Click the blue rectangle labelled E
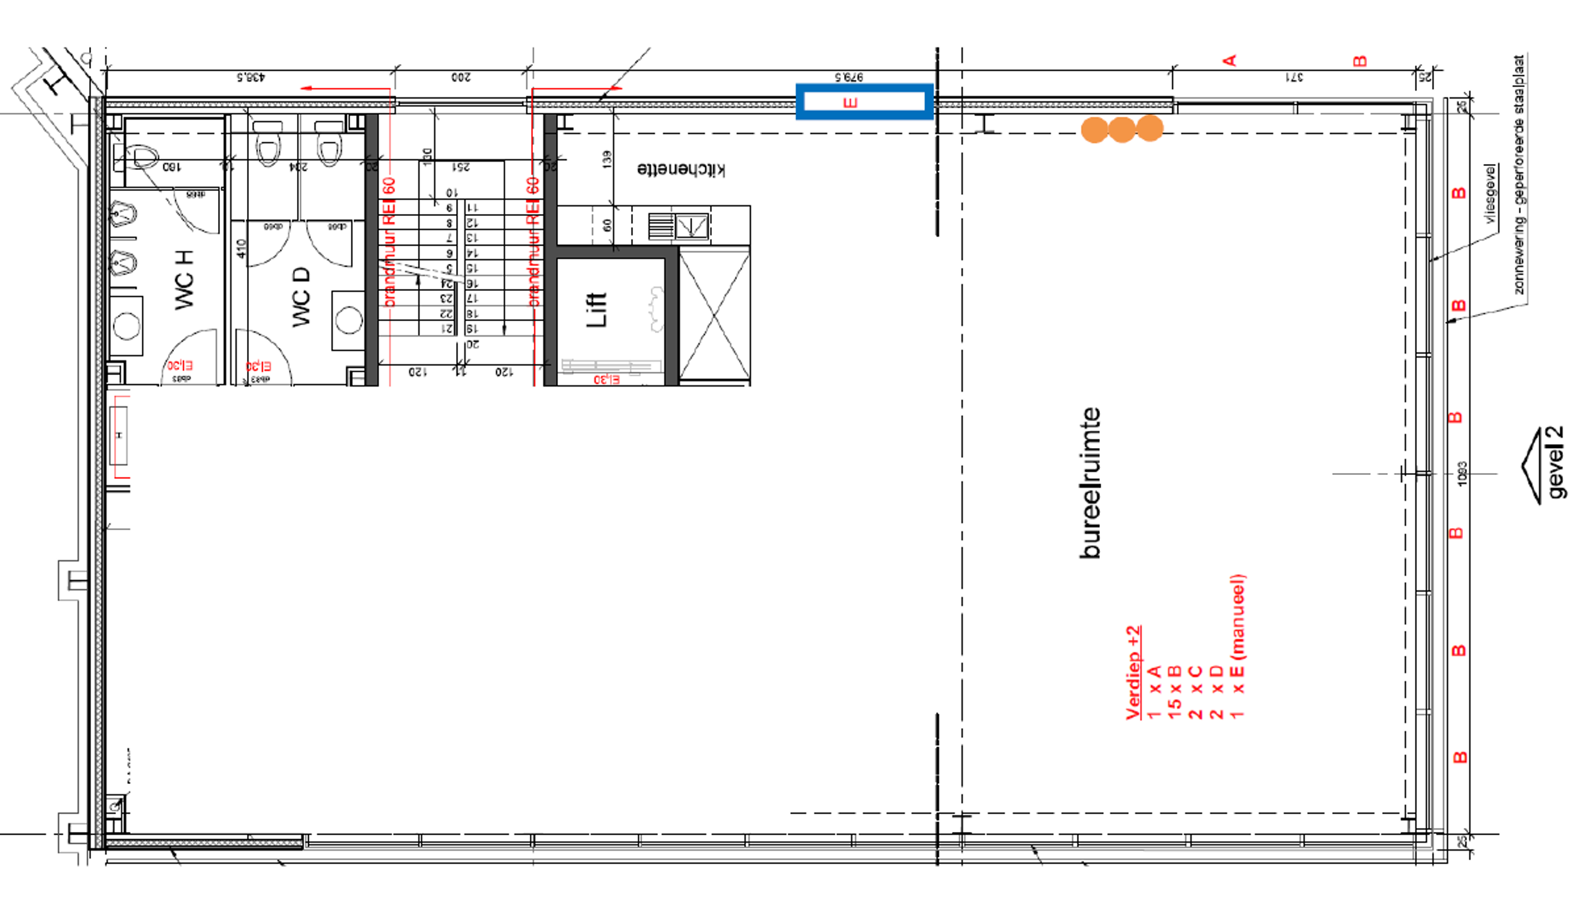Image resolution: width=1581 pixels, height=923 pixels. click(864, 102)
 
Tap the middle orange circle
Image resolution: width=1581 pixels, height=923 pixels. click(1121, 129)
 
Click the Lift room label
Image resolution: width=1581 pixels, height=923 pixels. click(596, 310)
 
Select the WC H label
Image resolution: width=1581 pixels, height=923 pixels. click(184, 280)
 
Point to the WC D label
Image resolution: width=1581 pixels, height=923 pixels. click(301, 297)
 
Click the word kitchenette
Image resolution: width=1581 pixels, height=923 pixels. click(681, 170)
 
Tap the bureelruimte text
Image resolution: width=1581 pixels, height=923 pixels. click(1090, 483)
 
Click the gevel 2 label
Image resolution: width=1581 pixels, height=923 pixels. click(1555, 462)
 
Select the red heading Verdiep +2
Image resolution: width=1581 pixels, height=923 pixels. click(1133, 672)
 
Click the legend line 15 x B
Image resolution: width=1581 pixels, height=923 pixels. click(1174, 692)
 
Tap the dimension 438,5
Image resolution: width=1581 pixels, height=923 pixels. click(251, 78)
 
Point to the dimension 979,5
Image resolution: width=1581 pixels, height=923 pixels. click(849, 77)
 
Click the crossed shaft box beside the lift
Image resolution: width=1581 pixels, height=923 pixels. click(714, 315)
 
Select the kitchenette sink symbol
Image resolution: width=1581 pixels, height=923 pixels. click(691, 226)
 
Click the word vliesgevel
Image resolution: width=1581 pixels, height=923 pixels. click(1490, 194)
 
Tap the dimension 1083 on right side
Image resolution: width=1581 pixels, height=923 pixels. click(1462, 474)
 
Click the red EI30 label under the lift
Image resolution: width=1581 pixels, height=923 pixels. click(606, 379)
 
